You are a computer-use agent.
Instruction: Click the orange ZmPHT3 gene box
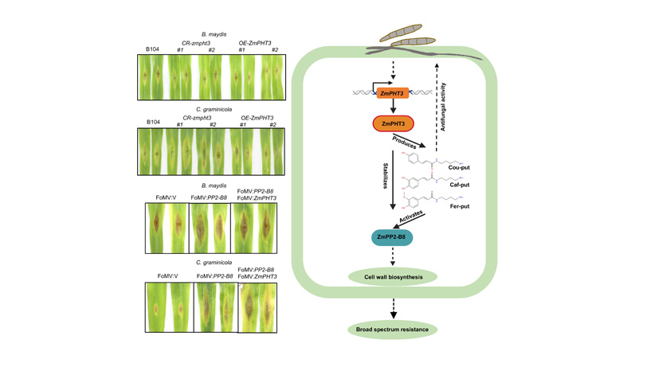391,93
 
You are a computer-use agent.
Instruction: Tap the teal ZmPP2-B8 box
391,236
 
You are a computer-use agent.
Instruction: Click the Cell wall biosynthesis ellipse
392,276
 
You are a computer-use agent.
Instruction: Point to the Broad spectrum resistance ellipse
392,328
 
